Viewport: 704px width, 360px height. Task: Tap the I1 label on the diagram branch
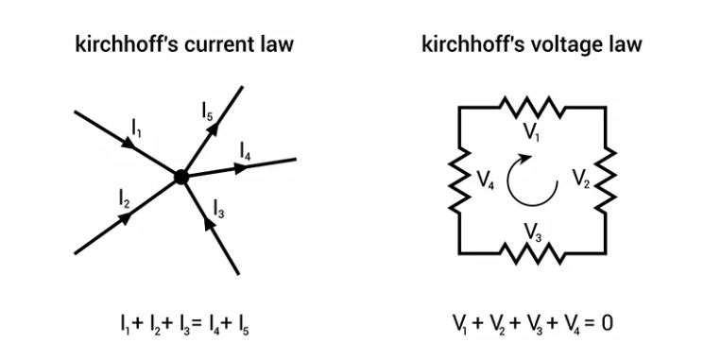(136, 125)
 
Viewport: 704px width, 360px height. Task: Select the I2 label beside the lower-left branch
(125, 197)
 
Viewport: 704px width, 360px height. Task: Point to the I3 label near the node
(218, 206)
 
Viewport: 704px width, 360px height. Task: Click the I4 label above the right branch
(245, 150)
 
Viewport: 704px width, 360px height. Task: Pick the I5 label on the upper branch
(208, 111)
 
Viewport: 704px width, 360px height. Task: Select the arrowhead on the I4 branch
(241, 168)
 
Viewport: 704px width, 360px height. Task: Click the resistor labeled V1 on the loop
(532, 105)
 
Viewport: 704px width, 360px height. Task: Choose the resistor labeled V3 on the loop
(532, 253)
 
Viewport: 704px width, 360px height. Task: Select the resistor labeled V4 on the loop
(459, 180)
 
